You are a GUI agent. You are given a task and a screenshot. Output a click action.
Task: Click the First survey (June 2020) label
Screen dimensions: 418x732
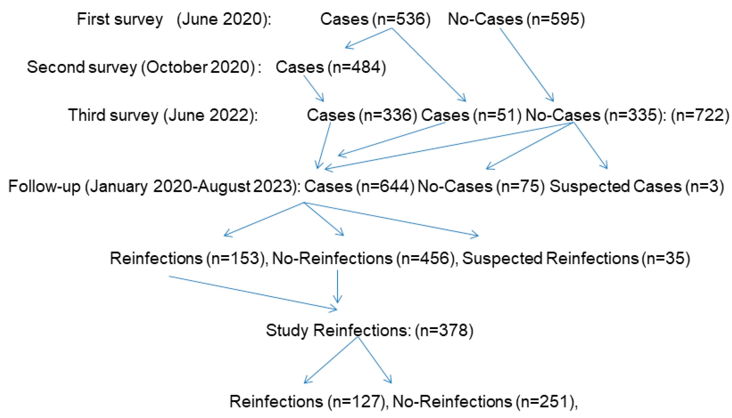[x=174, y=20]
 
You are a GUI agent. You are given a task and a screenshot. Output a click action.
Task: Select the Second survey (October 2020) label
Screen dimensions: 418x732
[x=144, y=67]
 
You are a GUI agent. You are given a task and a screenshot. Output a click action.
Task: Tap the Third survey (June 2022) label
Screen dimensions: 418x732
[x=163, y=115]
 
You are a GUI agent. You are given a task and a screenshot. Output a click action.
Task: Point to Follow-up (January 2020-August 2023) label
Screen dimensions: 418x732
[x=154, y=187]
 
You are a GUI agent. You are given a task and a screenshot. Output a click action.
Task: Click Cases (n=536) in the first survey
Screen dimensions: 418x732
[x=375, y=20]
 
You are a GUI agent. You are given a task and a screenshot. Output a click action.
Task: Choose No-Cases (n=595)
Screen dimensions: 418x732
[x=516, y=20]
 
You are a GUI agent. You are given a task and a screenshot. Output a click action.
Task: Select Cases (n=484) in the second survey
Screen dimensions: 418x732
[x=331, y=67]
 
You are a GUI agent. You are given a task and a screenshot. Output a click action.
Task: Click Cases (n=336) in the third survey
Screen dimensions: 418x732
[x=362, y=115]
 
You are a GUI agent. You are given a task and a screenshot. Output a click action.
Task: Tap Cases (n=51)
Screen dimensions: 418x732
[x=471, y=115]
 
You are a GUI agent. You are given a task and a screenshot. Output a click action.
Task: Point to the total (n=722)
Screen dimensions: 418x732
[x=700, y=115]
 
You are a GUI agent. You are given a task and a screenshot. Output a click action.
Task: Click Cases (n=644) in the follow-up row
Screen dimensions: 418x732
[x=359, y=187]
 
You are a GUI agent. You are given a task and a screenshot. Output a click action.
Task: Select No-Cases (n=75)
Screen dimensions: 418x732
[x=481, y=187]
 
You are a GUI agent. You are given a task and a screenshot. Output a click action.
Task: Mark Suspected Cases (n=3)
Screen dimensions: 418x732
[x=636, y=187]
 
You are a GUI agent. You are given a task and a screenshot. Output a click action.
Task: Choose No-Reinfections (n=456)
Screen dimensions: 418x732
[x=364, y=258]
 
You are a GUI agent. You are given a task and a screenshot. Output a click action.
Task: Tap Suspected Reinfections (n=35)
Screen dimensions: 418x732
[x=576, y=258]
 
